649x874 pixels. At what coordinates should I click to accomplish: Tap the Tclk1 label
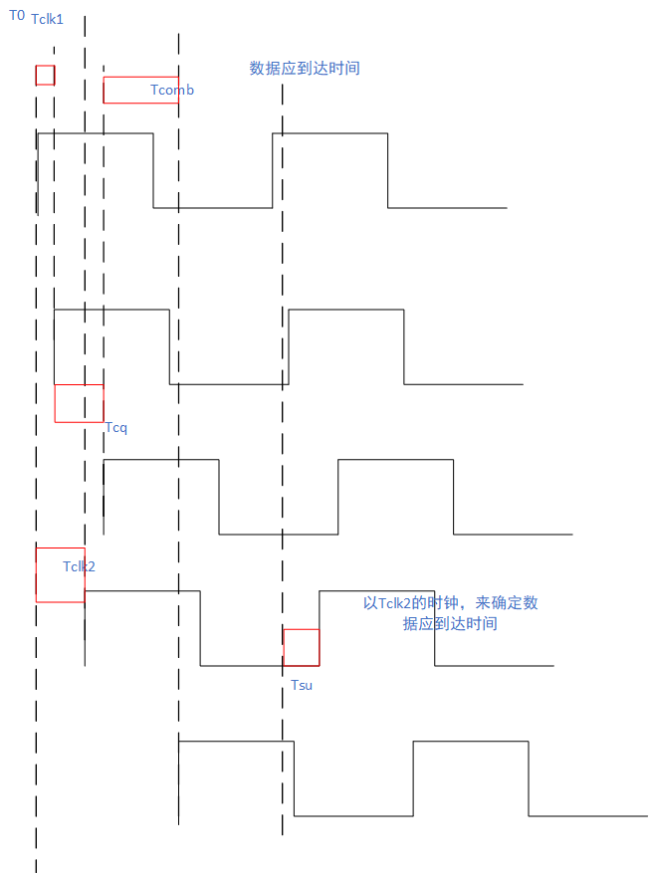[47, 19]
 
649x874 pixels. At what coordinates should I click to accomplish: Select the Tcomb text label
[172, 91]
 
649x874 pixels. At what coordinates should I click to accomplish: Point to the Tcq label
[116, 428]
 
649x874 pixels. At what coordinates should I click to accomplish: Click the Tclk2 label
[79, 566]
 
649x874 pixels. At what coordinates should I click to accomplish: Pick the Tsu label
[302, 685]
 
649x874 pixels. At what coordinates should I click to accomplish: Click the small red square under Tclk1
[45, 76]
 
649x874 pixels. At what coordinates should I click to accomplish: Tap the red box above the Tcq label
[79, 403]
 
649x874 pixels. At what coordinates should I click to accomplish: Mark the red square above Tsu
[301, 647]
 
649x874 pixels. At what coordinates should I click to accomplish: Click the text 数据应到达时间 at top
[304, 69]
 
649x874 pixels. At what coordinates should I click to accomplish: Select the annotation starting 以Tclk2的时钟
[450, 613]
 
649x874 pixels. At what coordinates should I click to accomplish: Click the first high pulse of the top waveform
[95, 169]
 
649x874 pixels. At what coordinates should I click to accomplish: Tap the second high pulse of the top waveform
[329, 169]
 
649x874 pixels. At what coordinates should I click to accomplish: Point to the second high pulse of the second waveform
[346, 346]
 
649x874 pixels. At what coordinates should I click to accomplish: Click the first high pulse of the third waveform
[161, 497]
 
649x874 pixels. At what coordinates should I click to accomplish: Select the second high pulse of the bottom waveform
[470, 778]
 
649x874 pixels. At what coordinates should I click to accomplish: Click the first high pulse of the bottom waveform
[236, 778]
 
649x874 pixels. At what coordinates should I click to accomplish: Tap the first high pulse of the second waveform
[111, 346]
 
